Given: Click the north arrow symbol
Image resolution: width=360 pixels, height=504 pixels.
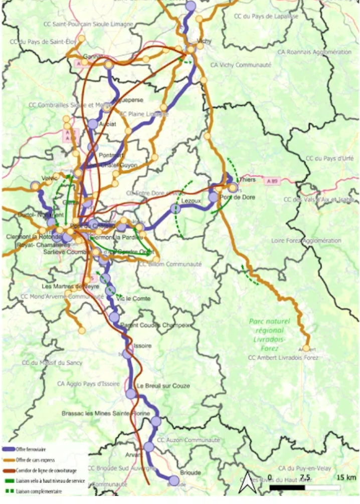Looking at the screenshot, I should point(246,482).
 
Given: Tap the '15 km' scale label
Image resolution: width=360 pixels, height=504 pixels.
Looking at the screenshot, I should point(347,476).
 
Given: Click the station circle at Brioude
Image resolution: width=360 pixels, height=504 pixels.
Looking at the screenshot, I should point(174,479).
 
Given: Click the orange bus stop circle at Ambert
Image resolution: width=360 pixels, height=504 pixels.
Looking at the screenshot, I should point(306,348).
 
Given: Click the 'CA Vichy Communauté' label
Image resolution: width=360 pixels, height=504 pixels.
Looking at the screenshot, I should point(240,65).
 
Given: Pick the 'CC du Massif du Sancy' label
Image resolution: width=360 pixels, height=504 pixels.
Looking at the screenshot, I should point(49,362).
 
